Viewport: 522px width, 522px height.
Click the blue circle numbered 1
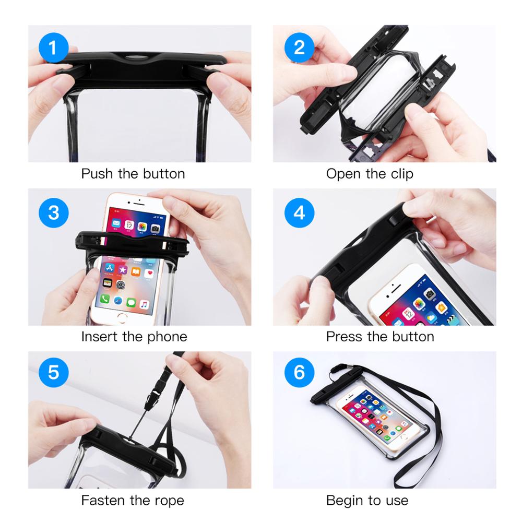pyautogui.click(x=53, y=49)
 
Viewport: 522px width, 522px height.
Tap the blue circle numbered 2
pyautogui.click(x=299, y=49)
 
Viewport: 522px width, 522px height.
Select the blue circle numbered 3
pyautogui.click(x=53, y=212)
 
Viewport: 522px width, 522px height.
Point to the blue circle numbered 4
pyautogui.click(x=299, y=212)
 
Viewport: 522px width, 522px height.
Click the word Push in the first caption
pyautogui.click(x=98, y=173)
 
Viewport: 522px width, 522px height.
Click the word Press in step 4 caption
pyautogui.click(x=345, y=337)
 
